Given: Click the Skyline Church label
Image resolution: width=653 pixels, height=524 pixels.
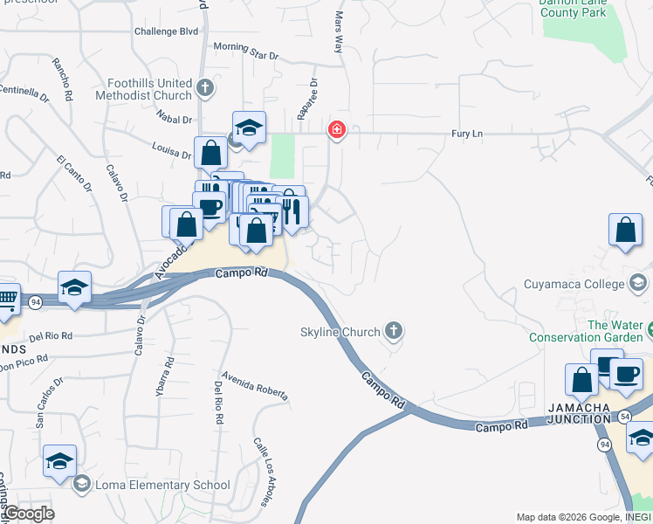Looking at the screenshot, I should pos(340,332).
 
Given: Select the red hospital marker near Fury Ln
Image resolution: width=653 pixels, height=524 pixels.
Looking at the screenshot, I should pos(336,131).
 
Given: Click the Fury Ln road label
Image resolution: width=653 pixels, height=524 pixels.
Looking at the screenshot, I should pos(467,134).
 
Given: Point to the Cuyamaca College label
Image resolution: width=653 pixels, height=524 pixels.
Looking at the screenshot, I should pos(574,283).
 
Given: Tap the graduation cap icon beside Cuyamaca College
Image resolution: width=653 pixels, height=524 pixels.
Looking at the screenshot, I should pos(638,283).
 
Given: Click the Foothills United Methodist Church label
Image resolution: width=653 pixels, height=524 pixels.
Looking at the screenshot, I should pos(149,89).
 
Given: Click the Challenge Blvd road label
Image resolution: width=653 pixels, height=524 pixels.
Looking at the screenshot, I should pos(167,31).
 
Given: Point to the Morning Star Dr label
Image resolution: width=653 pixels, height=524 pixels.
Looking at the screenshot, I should pos(245,51).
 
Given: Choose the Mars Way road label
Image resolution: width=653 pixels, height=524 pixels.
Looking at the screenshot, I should pos(339,32).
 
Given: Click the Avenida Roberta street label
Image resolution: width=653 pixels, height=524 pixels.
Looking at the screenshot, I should pos(254,385).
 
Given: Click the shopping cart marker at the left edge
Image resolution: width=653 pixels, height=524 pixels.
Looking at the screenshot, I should pos(6,299).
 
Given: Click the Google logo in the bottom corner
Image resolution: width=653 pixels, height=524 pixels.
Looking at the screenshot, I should pos(28,514).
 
